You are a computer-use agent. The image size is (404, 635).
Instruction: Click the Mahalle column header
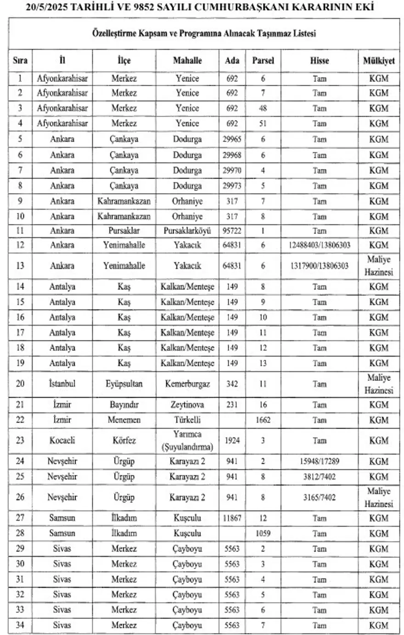coord(187,61)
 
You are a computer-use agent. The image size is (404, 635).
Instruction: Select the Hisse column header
coord(319,61)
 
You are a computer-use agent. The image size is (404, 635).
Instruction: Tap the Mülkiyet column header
coord(379,61)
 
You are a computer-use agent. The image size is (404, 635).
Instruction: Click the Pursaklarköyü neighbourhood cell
coord(187,231)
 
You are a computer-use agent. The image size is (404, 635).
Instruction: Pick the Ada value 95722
coord(232,231)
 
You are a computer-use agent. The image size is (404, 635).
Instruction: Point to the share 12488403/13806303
coord(320,245)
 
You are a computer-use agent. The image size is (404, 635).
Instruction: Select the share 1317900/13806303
coord(320,266)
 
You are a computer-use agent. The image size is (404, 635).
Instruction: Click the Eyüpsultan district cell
coord(124,384)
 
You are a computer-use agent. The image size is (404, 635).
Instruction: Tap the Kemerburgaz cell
coord(187,384)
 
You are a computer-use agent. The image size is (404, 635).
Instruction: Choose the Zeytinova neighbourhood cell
coord(187,405)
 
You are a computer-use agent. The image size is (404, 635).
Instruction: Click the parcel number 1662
coord(263,420)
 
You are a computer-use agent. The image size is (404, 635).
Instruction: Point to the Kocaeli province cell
coord(62,440)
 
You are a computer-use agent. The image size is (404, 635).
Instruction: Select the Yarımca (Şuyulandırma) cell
coord(187,440)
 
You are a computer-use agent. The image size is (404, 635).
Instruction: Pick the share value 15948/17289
coord(320,462)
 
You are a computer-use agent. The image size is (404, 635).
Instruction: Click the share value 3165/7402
coord(320,497)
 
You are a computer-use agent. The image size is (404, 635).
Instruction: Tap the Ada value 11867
coord(232,518)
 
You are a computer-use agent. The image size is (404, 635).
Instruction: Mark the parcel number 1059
coord(263,533)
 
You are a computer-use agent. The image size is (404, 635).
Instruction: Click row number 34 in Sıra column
coord(20,625)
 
